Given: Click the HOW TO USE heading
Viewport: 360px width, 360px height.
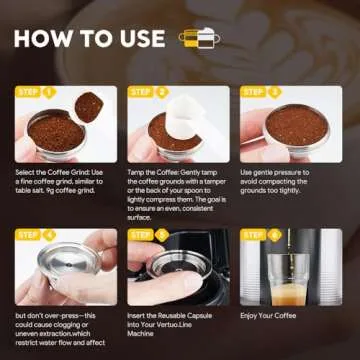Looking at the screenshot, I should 89,41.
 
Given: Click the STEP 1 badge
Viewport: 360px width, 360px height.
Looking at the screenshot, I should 36,91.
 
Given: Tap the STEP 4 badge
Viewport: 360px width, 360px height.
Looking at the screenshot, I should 36,234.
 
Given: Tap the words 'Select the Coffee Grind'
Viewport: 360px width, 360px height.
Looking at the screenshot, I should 50,173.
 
